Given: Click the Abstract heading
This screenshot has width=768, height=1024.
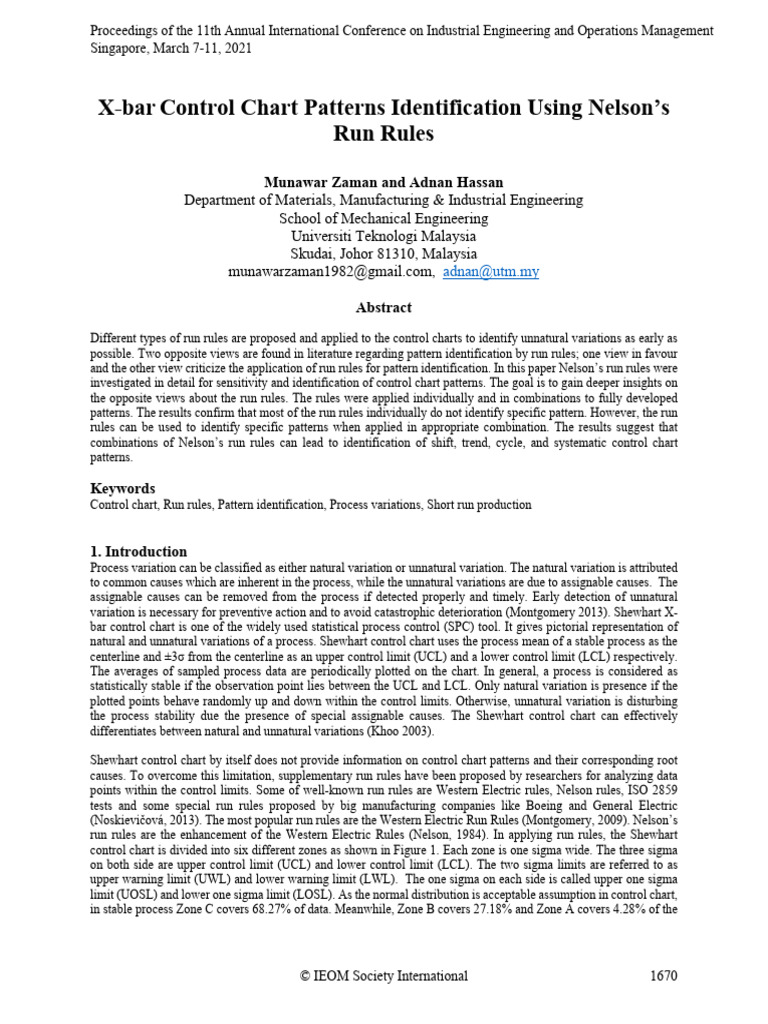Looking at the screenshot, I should [x=384, y=308].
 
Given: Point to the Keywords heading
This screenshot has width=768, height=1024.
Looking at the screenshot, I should [x=123, y=488].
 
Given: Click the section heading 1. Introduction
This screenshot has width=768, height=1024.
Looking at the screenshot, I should [x=138, y=551].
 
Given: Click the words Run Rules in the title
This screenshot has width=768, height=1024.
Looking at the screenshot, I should [x=384, y=133].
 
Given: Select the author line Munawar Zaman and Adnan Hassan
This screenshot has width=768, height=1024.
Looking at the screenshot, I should [x=384, y=182].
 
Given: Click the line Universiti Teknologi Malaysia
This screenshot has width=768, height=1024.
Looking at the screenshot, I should [x=384, y=236].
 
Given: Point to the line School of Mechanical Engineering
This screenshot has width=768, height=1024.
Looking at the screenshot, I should [x=384, y=218].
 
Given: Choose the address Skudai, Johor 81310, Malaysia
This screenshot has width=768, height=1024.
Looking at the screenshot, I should [x=384, y=254].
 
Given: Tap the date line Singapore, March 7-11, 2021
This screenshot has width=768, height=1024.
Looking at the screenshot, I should [x=171, y=48].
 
